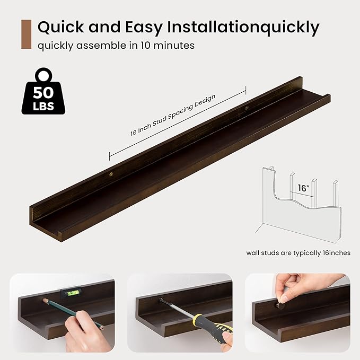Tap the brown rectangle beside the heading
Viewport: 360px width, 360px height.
pyautogui.click(x=25, y=34)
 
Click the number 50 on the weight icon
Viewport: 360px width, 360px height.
pyautogui.click(x=43, y=92)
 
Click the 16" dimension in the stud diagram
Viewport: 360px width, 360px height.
pyautogui.click(x=303, y=188)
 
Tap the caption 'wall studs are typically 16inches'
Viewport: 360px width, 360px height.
pyautogui.click(x=298, y=253)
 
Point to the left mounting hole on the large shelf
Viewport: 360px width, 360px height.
pyautogui.click(x=110, y=174)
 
